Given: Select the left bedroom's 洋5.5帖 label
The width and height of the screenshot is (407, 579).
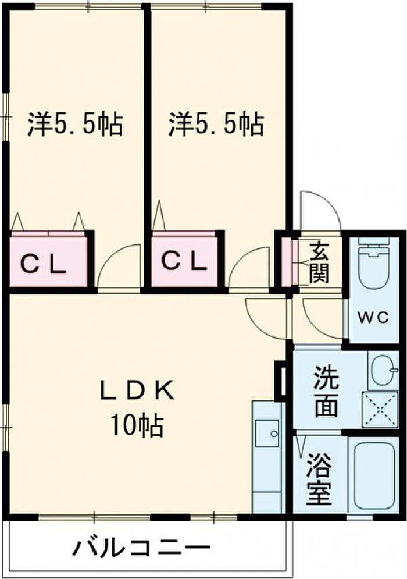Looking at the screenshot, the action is (x=74, y=124).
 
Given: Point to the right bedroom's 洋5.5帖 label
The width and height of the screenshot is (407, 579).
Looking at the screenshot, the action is (x=216, y=124).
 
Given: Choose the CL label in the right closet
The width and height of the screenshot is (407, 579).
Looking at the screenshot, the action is (x=183, y=262).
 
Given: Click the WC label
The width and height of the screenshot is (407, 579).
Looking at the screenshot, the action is (x=373, y=317).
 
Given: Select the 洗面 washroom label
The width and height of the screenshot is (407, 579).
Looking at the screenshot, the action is (x=326, y=390).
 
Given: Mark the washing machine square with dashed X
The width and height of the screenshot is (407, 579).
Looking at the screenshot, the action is (x=380, y=410).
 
